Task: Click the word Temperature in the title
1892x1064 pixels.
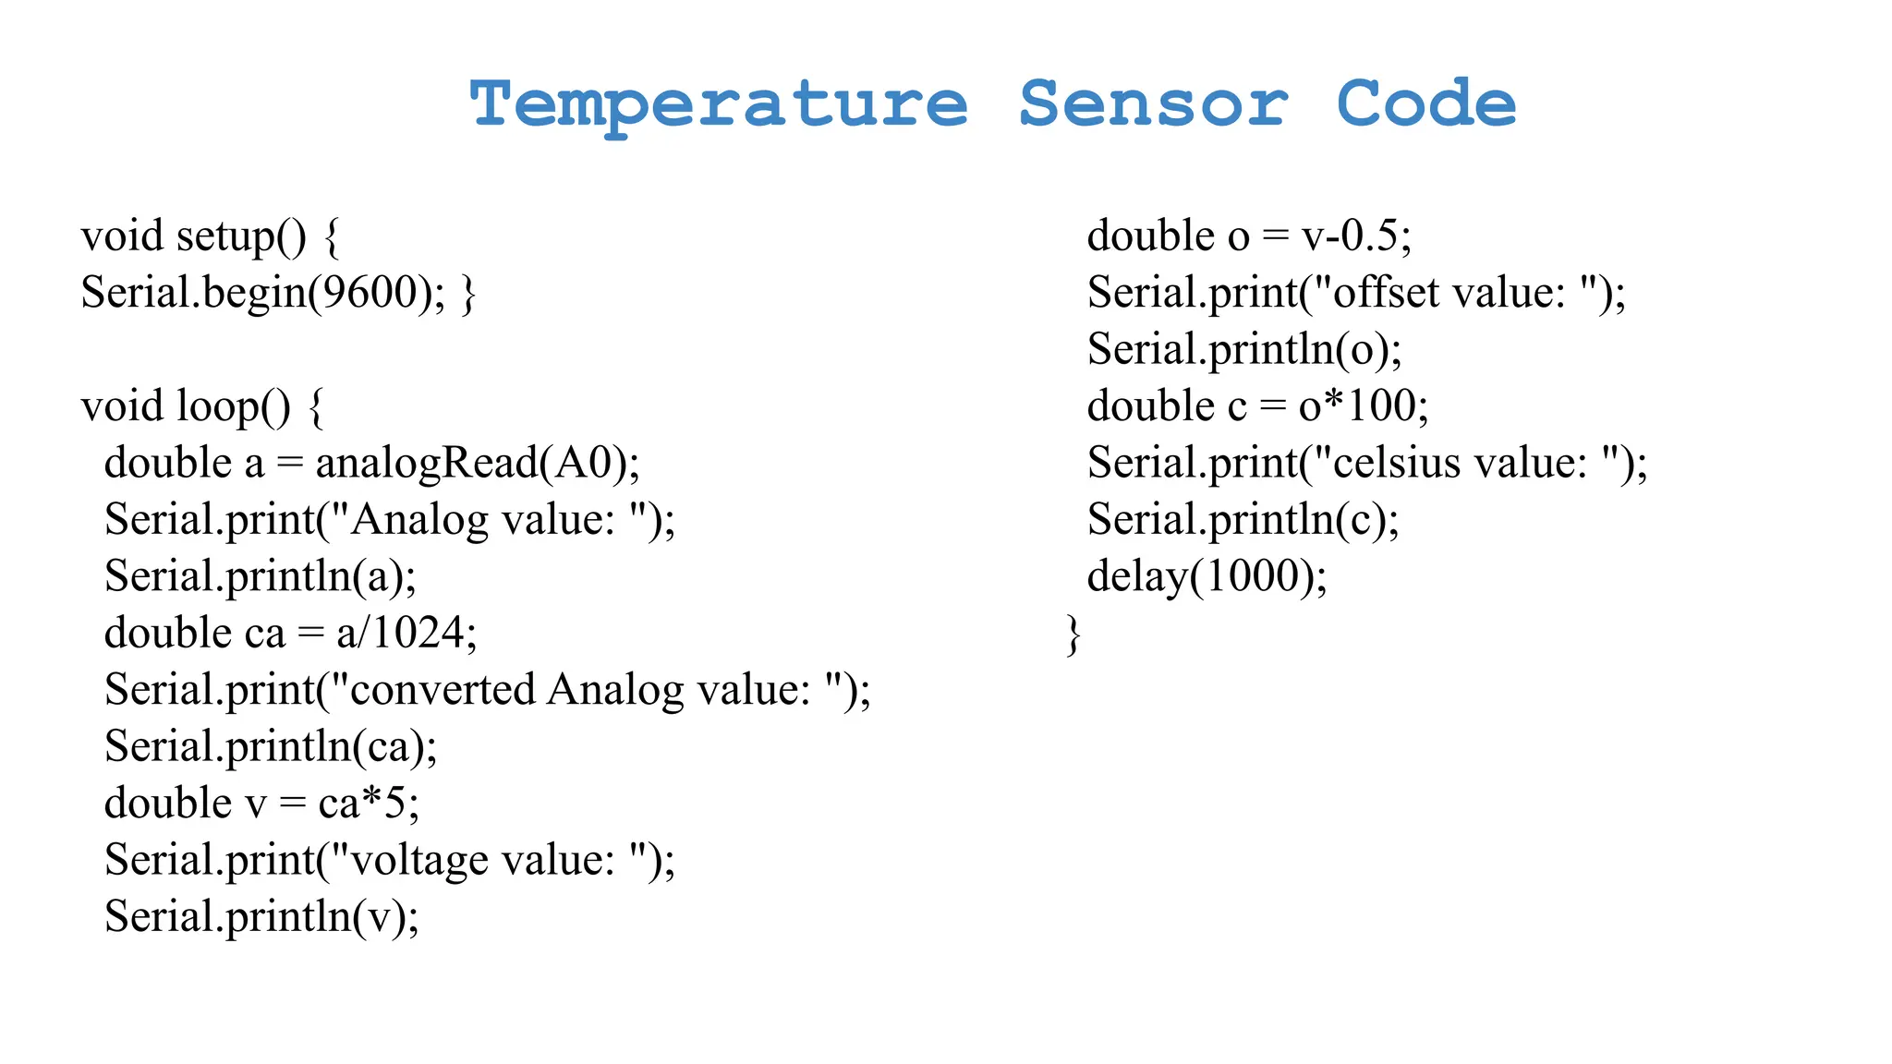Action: point(719,104)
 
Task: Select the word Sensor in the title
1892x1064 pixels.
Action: point(1153,104)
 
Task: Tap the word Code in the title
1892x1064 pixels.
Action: point(1425,104)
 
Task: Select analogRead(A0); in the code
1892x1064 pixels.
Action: point(478,463)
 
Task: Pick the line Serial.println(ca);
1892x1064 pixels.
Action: point(271,746)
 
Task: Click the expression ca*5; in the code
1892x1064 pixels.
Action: point(369,803)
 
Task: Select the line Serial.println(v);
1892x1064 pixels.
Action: point(261,916)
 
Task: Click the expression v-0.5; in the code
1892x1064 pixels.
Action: point(1356,236)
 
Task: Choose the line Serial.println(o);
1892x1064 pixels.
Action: point(1244,350)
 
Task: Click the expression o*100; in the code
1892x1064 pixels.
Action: point(1364,406)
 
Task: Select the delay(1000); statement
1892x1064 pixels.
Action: point(1207,576)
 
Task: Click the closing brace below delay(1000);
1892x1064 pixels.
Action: point(1073,635)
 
